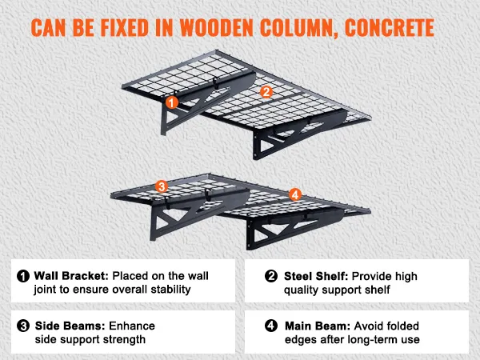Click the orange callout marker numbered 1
point(172,102)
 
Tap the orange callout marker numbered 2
point(266,92)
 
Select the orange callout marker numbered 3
point(162,186)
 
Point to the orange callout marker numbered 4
point(294,194)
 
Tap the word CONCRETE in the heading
point(390,28)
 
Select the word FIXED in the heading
point(125,28)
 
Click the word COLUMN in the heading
point(299,29)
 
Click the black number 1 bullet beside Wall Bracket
point(23,276)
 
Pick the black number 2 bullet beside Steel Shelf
point(271,276)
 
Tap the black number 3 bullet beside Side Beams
point(23,326)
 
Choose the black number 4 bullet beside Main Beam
point(271,326)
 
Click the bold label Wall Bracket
point(71,276)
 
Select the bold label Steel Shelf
point(316,276)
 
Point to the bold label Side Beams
point(70,326)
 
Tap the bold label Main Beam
point(318,326)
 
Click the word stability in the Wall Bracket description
point(171,290)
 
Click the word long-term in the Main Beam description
point(365,340)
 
